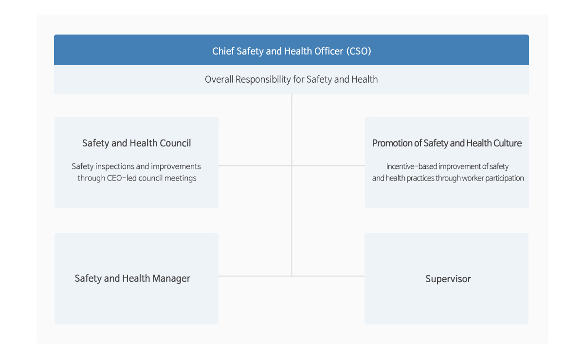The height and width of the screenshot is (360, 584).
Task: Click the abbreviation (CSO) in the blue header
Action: tap(359, 51)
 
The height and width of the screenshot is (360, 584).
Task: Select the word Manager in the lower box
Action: tap(171, 278)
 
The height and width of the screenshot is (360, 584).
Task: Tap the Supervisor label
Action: tap(448, 279)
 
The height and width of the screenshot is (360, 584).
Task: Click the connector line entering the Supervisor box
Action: tap(328, 276)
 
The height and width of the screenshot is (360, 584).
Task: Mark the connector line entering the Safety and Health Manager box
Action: tap(255, 276)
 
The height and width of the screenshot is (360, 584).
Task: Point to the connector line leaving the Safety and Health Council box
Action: tap(255, 165)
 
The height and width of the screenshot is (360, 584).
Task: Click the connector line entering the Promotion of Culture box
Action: tap(328, 165)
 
